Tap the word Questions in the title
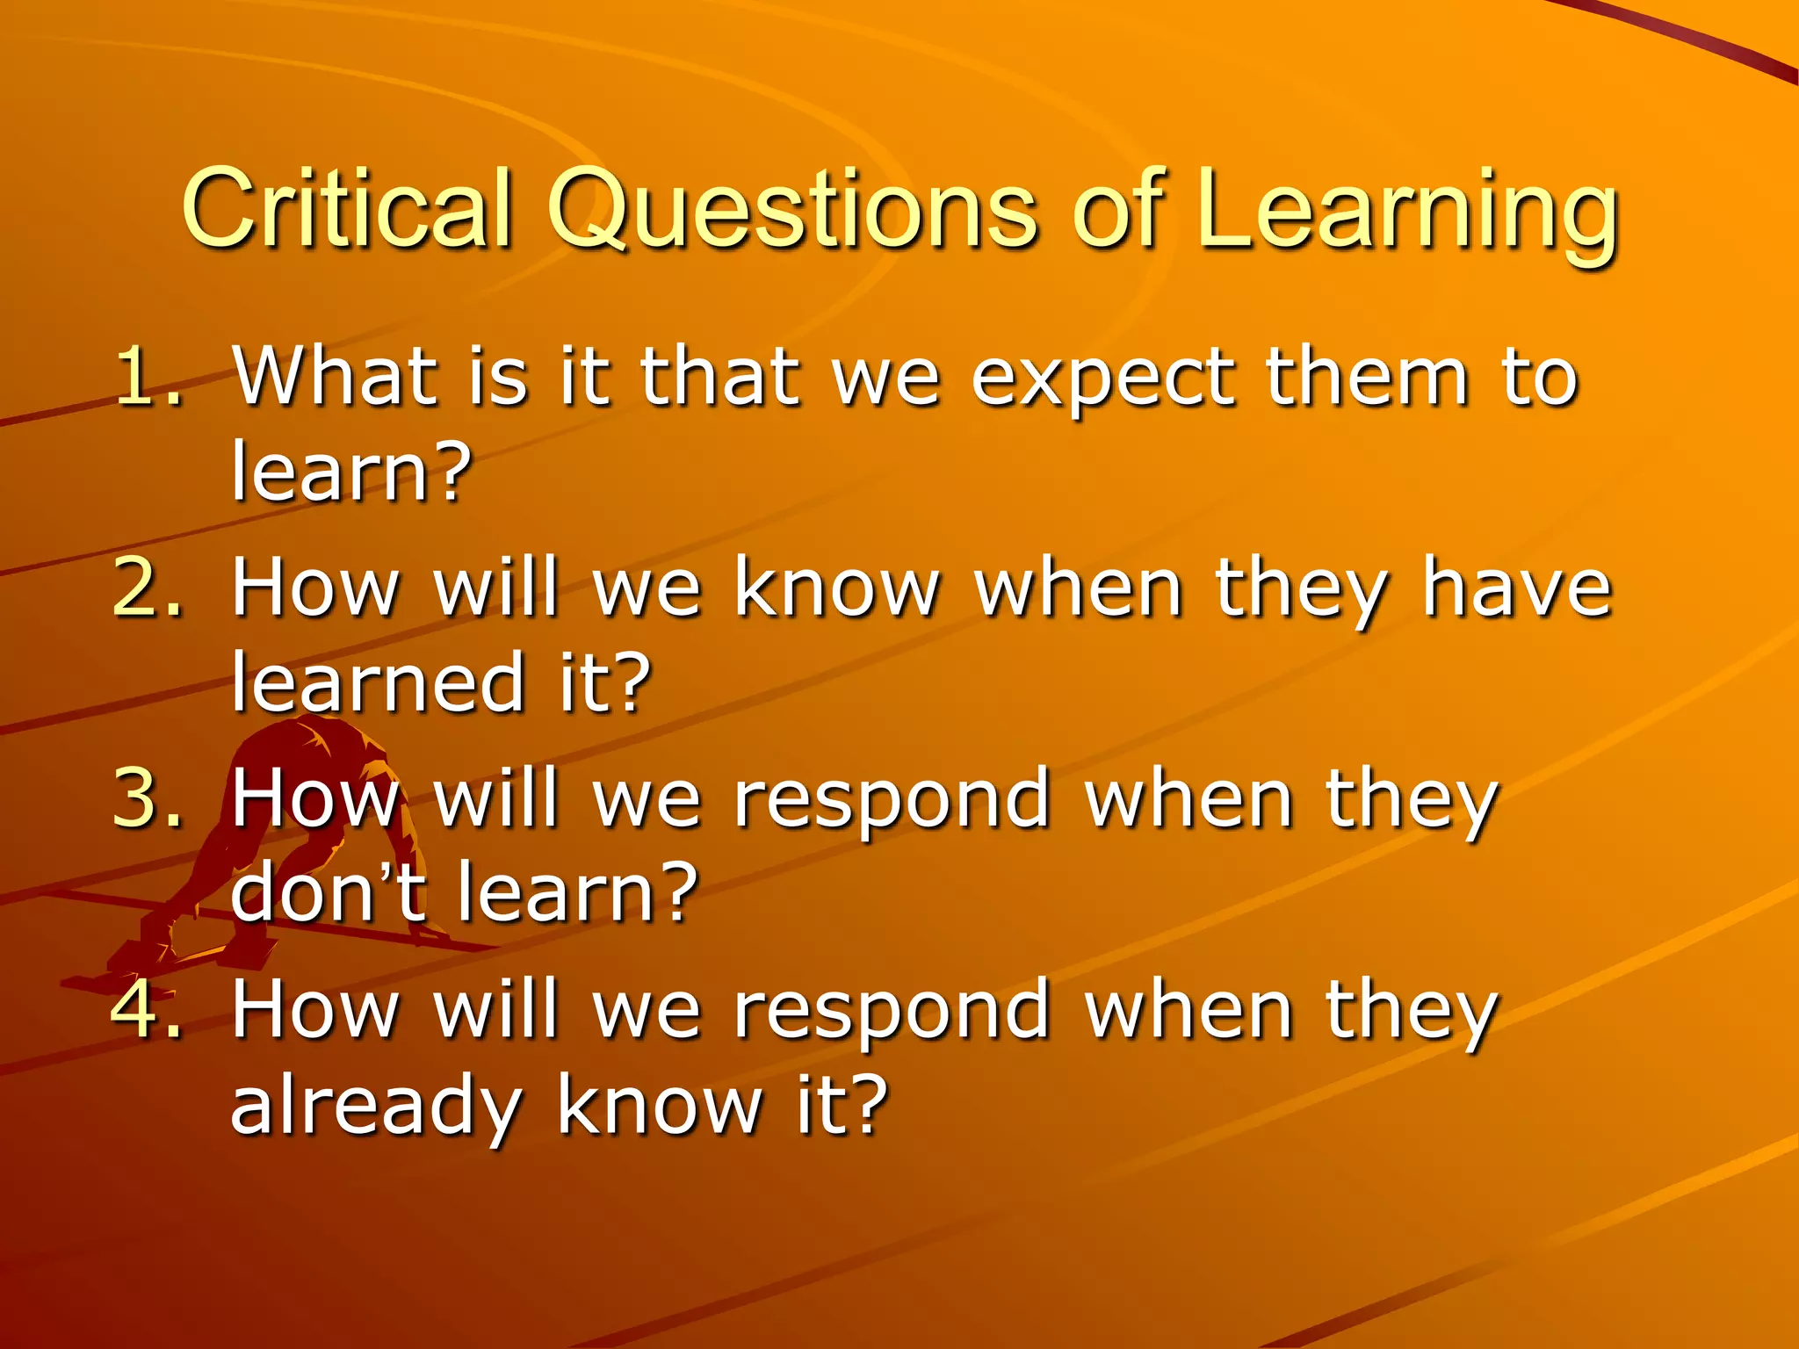[x=791, y=211]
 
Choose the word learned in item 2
[x=378, y=681]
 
